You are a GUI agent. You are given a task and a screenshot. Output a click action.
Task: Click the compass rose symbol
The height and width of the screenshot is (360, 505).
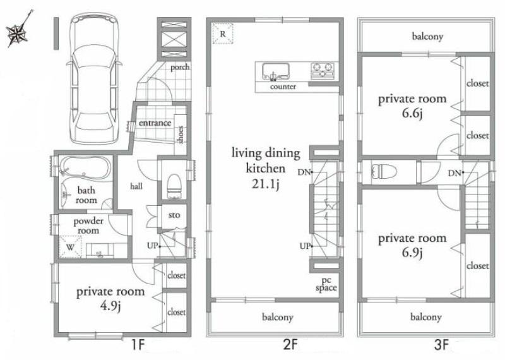click(x=17, y=34)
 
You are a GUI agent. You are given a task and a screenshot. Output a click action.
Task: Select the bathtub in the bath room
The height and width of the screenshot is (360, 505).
click(x=85, y=167)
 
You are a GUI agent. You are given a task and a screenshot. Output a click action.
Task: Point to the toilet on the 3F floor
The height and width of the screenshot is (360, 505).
click(x=384, y=172)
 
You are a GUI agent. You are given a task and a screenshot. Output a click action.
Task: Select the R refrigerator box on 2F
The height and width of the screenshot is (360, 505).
click(x=222, y=33)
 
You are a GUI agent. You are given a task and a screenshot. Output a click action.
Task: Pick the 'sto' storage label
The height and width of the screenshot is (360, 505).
click(x=174, y=215)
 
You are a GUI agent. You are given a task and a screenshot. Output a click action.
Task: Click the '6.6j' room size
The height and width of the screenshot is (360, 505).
click(x=412, y=114)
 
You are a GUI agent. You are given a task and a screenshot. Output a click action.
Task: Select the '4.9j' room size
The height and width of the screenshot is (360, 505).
click(x=110, y=308)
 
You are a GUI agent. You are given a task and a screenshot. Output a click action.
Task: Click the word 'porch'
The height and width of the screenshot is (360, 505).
click(x=179, y=68)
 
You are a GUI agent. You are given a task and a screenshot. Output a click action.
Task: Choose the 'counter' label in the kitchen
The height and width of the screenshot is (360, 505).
click(x=283, y=87)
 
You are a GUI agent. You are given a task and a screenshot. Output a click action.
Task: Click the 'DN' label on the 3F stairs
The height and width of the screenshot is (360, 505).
click(x=454, y=173)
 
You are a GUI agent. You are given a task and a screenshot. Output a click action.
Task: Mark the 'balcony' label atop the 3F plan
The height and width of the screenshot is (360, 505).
click(x=427, y=37)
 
